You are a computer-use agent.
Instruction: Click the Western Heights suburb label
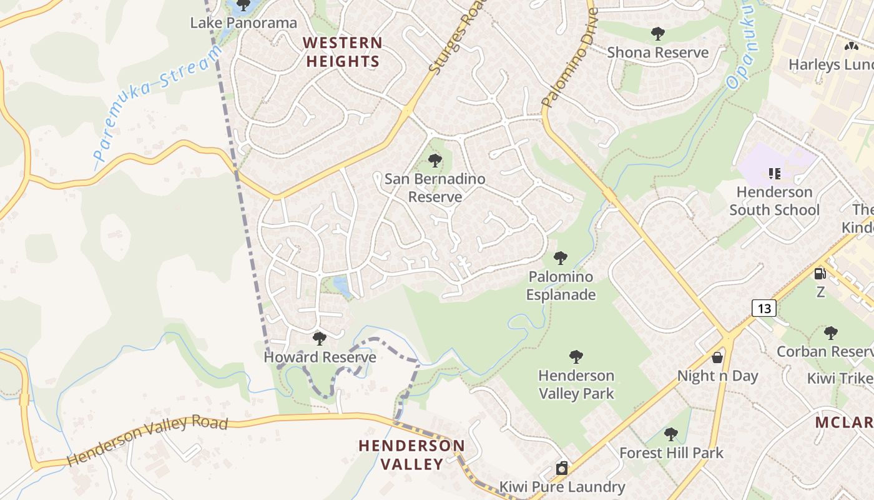pyautogui.click(x=342, y=52)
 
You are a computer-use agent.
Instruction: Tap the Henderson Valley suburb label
pyautogui.click(x=411, y=454)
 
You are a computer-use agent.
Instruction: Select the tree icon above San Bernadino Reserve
pyautogui.click(x=435, y=161)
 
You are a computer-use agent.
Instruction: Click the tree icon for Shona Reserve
pyautogui.click(x=657, y=34)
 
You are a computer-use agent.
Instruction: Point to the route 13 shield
pyautogui.click(x=764, y=307)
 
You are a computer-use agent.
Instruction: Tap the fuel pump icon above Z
pyautogui.click(x=820, y=273)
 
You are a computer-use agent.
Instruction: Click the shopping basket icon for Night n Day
pyautogui.click(x=718, y=357)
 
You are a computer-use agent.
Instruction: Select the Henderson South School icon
pyautogui.click(x=775, y=173)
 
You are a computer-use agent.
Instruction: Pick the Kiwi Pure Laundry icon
pyautogui.click(x=562, y=468)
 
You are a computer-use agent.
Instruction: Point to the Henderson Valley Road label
pyautogui.click(x=147, y=440)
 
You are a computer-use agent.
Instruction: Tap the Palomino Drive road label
pyautogui.click(x=569, y=57)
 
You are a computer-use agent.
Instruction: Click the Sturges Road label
pyautogui.click(x=457, y=39)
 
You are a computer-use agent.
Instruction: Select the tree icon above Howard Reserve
pyautogui.click(x=320, y=339)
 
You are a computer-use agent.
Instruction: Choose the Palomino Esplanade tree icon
pyautogui.click(x=561, y=257)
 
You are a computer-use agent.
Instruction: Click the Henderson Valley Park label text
pyautogui.click(x=576, y=384)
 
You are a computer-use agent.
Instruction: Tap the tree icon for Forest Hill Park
pyautogui.click(x=671, y=434)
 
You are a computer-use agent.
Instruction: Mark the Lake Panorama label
pyautogui.click(x=243, y=23)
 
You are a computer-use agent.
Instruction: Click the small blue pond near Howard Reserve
pyautogui.click(x=341, y=286)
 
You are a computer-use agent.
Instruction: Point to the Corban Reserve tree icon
pyautogui.click(x=830, y=332)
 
